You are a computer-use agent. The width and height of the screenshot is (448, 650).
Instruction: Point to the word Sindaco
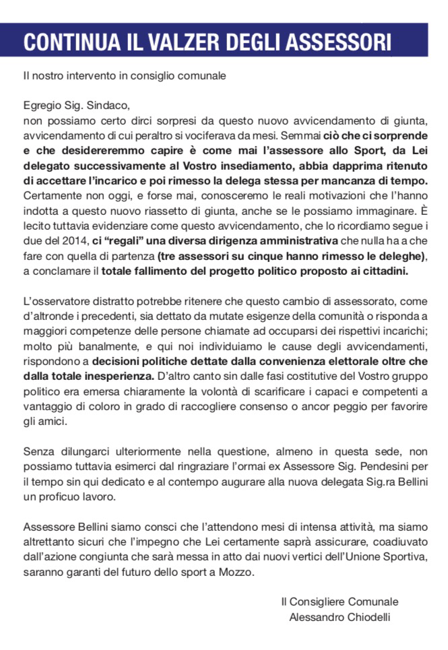(x=105, y=106)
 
